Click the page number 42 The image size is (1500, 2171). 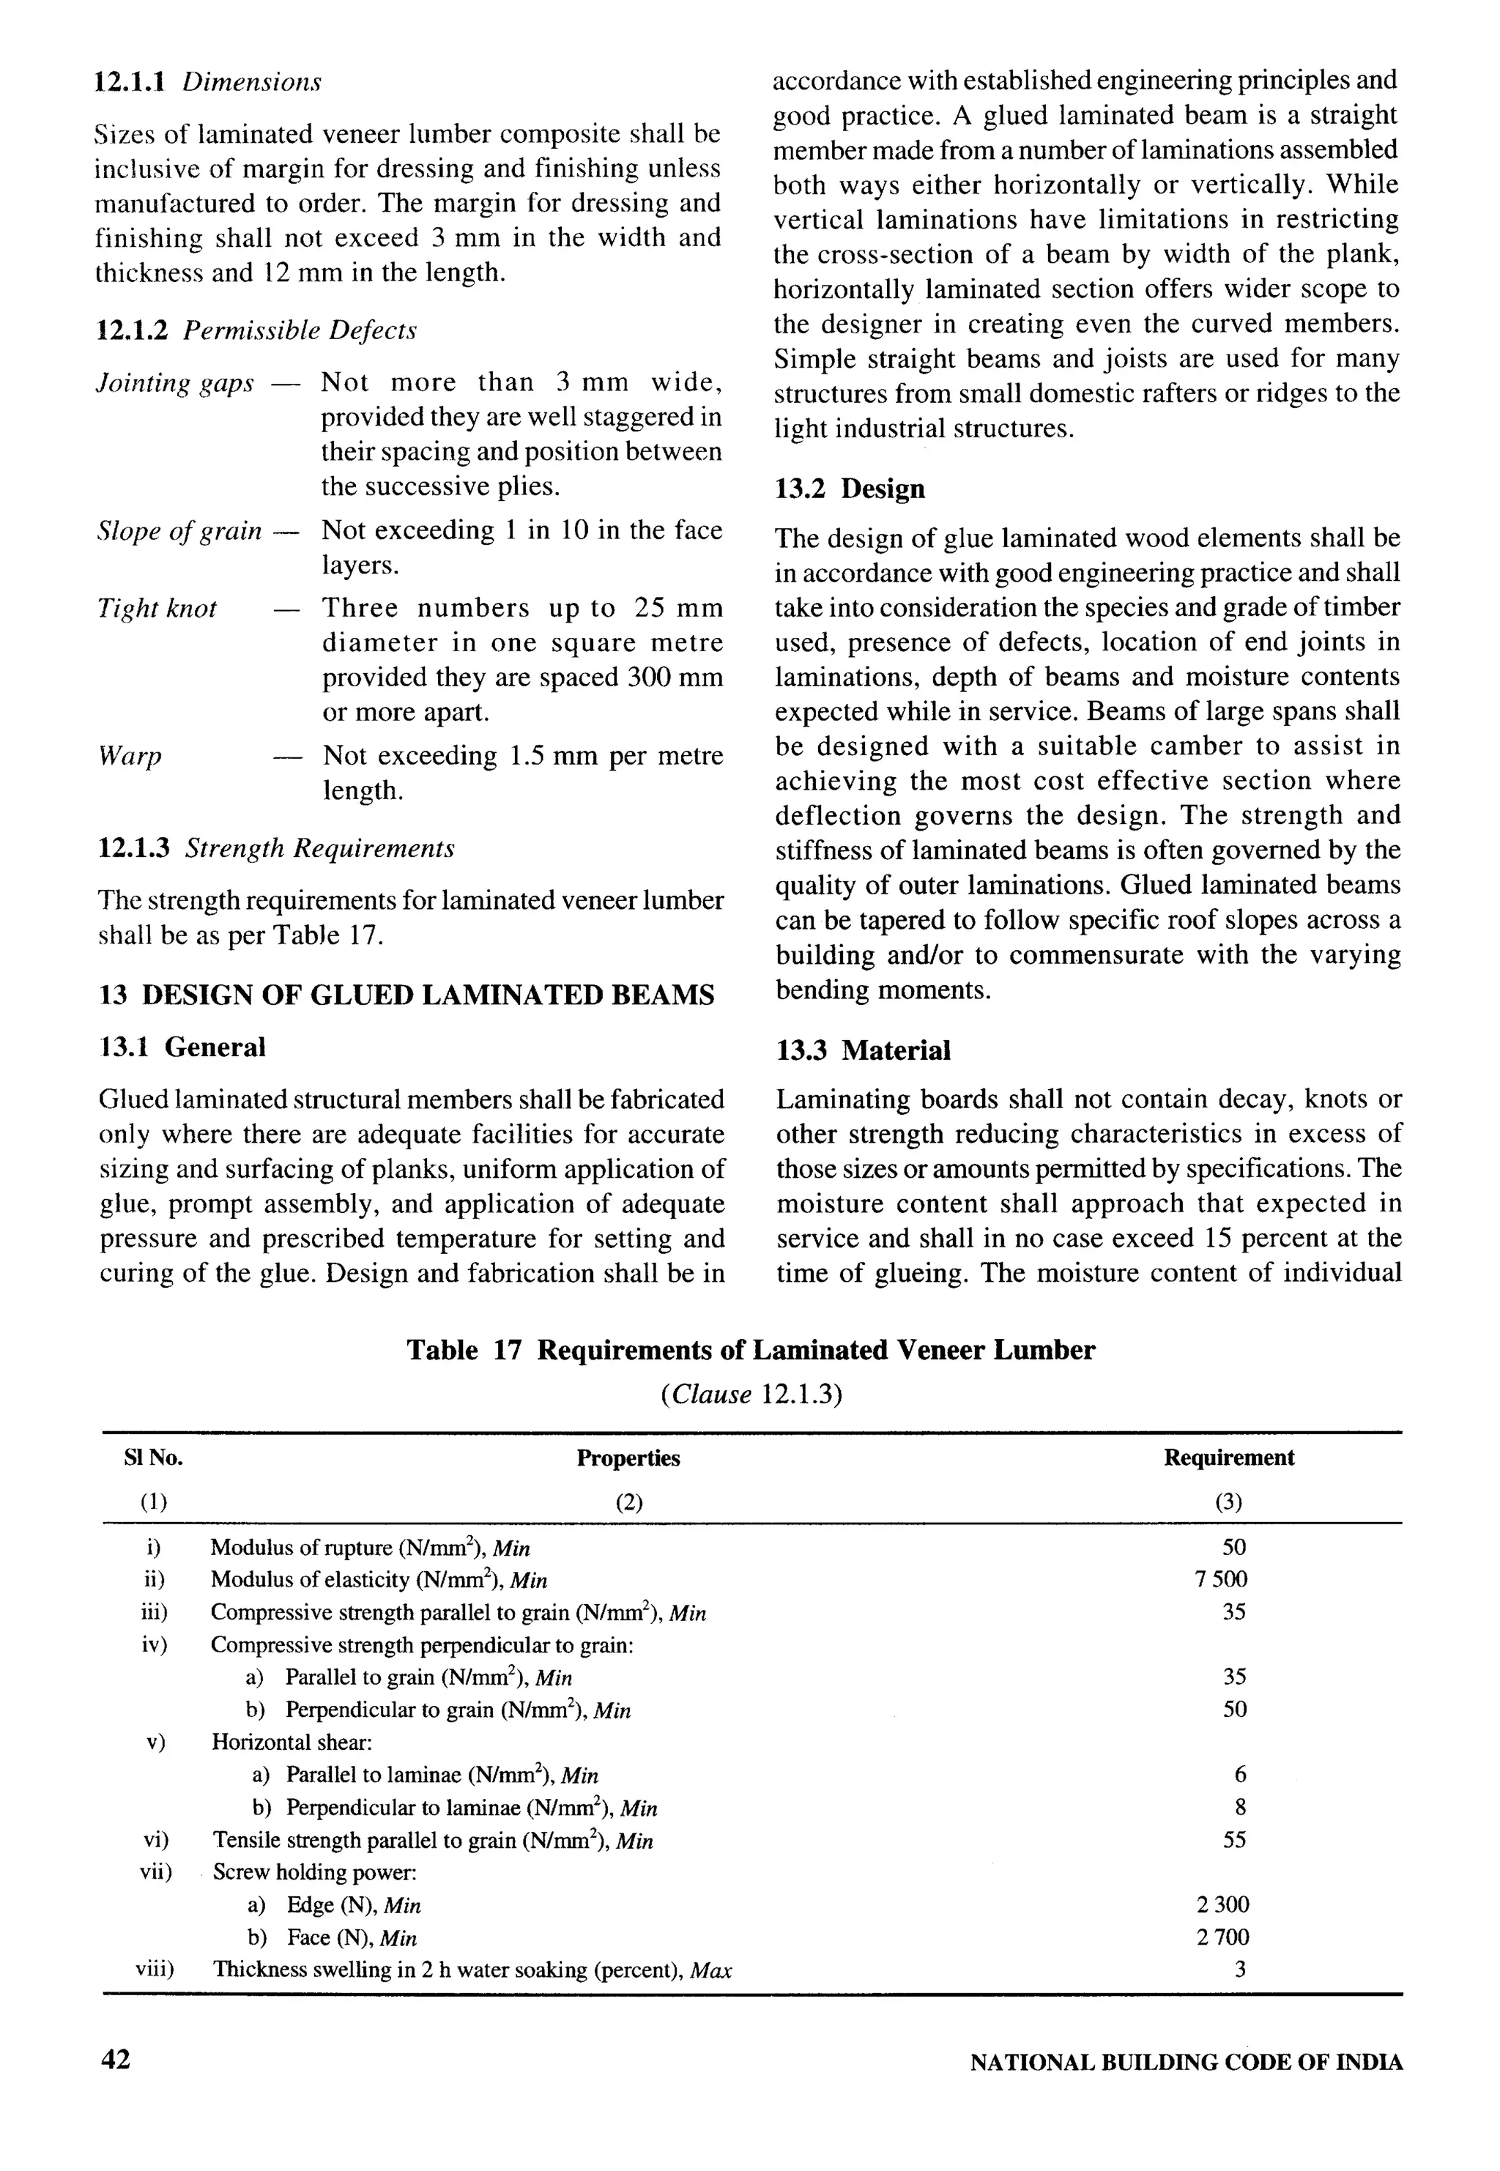(x=116, y=2060)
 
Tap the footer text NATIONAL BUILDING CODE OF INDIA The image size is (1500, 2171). (x=1185, y=2063)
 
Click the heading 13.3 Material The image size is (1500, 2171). (x=863, y=1050)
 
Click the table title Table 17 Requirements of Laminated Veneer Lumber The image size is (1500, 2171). (x=750, y=1351)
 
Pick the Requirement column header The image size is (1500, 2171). (x=1228, y=1458)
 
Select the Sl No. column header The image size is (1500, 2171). (x=153, y=1458)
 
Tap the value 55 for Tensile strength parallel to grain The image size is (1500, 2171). (x=1234, y=1840)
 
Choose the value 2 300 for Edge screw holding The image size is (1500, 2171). (x=1222, y=1905)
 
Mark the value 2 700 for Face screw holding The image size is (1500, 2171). (x=1222, y=1937)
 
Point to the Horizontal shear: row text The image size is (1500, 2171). (x=292, y=1743)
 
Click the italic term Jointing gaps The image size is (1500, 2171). (x=176, y=384)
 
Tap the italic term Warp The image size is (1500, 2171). (x=130, y=757)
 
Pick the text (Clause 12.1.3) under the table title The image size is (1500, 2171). (x=750, y=1395)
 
